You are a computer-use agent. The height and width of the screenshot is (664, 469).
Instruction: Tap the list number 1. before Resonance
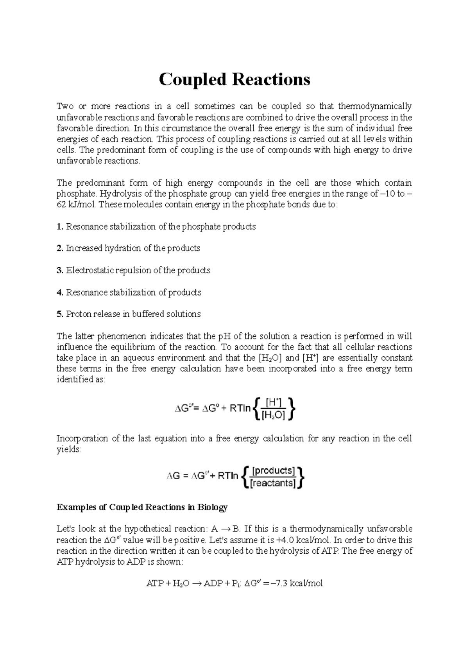tap(60, 227)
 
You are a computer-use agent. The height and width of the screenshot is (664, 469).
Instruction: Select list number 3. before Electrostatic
tap(60, 271)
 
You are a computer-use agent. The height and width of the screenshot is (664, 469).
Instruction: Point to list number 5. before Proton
tap(60, 314)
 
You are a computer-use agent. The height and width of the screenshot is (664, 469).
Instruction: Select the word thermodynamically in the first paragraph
tap(374, 106)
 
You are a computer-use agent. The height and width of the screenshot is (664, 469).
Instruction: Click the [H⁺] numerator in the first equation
tap(273, 402)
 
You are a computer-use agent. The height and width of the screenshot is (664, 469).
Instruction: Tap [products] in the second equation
tap(273, 470)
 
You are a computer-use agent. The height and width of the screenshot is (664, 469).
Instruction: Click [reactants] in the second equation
tap(273, 484)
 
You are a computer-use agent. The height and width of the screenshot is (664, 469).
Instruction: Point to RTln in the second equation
tap(228, 477)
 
